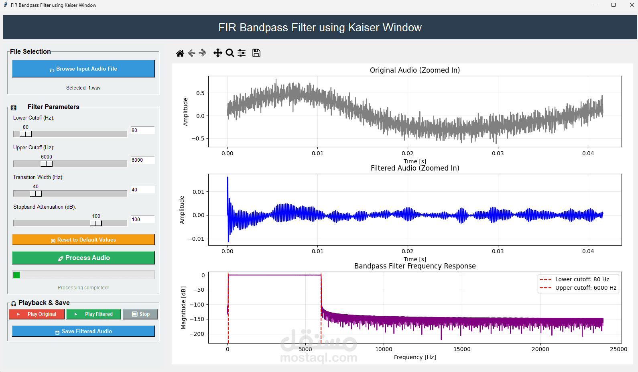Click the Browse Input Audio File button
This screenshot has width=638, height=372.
click(83, 69)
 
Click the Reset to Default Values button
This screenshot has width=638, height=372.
click(83, 240)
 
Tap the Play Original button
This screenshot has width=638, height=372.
click(37, 314)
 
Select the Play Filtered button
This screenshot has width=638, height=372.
click(94, 314)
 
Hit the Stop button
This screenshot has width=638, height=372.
click(140, 314)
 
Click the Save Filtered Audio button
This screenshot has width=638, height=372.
click(83, 331)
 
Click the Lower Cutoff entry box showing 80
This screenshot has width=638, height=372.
click(142, 130)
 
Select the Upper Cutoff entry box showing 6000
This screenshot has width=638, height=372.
click(142, 160)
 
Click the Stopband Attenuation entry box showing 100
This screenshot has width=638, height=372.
click(142, 220)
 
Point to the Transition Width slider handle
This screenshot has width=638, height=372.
click(36, 193)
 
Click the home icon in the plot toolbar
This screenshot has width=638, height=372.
click(180, 53)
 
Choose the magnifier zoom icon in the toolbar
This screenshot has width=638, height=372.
click(230, 53)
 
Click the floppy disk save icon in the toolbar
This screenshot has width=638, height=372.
click(256, 53)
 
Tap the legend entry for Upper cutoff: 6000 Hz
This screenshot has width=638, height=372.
click(585, 288)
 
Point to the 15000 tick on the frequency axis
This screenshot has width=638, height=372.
click(462, 349)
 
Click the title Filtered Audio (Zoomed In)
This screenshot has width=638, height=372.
click(415, 168)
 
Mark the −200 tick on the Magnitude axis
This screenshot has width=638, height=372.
click(197, 334)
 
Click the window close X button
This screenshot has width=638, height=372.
click(632, 5)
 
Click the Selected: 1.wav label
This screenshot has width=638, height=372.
click(83, 88)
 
